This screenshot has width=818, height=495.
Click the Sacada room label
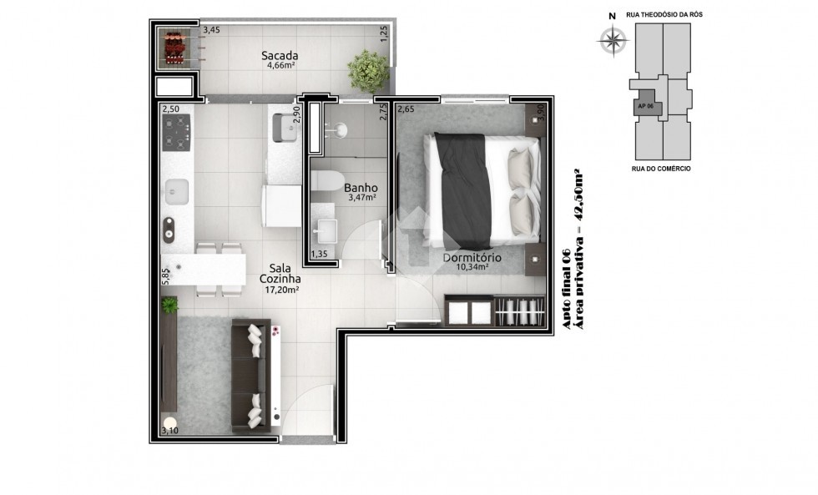tap(280, 55)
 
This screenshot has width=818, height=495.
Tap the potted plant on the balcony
tap(368, 72)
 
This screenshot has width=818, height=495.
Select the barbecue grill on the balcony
tap(175, 48)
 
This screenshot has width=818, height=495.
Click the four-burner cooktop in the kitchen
tap(176, 133)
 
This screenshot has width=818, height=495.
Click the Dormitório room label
tap(472, 258)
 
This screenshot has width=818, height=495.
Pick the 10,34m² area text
tap(472, 267)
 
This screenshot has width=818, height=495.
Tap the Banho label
tap(361, 188)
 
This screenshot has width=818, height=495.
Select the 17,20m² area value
tap(282, 290)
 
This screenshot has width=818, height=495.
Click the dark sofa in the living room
tap(250, 376)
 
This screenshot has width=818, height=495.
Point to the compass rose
tap(613, 39)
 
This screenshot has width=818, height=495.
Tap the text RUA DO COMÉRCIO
tap(661, 169)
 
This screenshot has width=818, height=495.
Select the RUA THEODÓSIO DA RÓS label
tap(664, 14)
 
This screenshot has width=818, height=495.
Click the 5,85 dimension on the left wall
tap(165, 276)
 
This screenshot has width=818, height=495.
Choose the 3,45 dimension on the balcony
tap(211, 30)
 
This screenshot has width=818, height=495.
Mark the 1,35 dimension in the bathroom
tap(319, 254)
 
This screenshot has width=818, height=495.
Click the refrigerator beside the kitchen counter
tap(282, 205)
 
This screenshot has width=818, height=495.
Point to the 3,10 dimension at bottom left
tap(170, 431)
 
